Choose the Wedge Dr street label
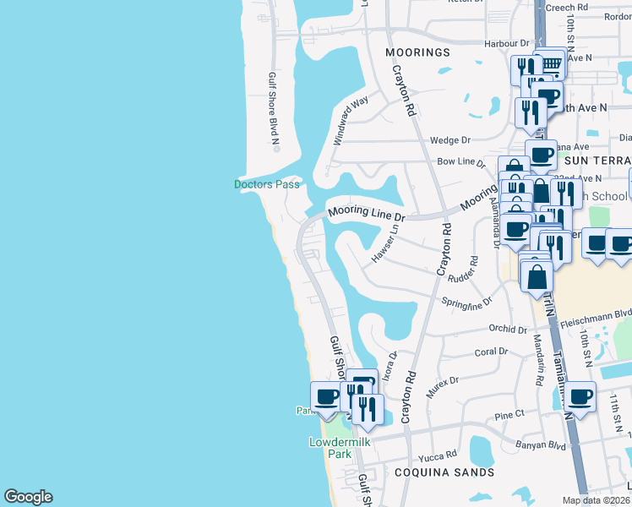(449, 140)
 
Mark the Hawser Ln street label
(385, 243)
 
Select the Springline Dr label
(466, 302)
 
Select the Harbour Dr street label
(506, 43)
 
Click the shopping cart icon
(551, 63)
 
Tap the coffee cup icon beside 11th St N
(580, 396)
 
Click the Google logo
(28, 497)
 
